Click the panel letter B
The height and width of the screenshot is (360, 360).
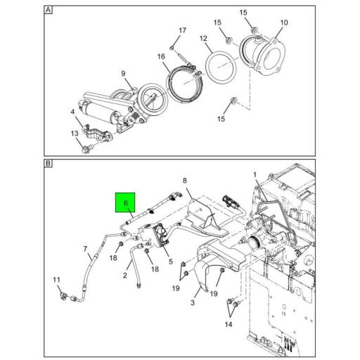point(48,163)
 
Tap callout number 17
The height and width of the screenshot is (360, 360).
point(182,31)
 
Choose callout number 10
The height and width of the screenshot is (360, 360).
point(283,22)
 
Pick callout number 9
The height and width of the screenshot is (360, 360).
point(122,74)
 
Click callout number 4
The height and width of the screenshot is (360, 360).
point(72,112)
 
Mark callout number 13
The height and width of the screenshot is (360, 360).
point(75,133)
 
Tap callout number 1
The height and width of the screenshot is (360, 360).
point(255,174)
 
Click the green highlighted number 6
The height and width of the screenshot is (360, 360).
point(127,204)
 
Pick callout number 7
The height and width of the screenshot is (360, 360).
point(86,250)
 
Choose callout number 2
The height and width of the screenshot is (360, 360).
point(125,275)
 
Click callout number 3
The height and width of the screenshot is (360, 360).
point(191,302)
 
